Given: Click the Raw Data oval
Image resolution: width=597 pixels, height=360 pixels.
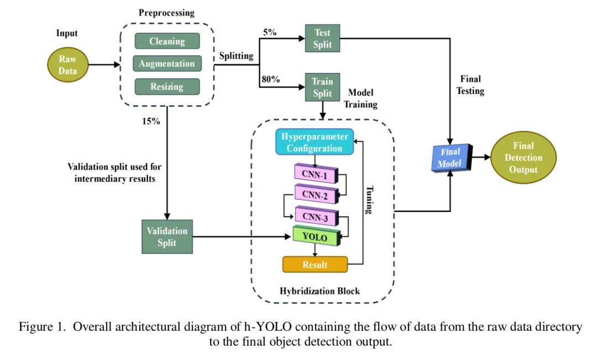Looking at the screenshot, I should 69,65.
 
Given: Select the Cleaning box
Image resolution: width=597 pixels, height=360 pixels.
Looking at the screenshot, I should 166,41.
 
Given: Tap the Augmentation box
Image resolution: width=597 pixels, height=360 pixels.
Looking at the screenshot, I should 166,64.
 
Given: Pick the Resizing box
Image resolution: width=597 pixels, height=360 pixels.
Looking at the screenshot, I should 166,87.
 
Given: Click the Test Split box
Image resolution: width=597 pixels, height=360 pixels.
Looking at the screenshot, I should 322,38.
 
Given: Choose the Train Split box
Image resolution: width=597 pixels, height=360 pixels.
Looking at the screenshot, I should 322,87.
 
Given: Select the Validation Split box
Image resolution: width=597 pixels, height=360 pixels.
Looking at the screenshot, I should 166,237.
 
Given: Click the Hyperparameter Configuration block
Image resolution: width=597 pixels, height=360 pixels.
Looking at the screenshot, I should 315,142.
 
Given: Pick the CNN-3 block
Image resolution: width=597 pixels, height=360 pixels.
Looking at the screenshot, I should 316,216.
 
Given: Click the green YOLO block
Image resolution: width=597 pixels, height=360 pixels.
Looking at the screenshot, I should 315,238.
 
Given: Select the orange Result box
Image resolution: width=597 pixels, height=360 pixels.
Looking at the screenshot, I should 315,265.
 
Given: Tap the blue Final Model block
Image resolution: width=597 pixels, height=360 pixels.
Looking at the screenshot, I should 449,158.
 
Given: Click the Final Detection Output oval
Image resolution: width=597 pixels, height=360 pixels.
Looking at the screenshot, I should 523,158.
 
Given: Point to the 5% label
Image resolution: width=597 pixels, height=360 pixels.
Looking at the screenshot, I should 270,32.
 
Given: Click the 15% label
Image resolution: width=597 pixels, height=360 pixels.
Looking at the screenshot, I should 150,121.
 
